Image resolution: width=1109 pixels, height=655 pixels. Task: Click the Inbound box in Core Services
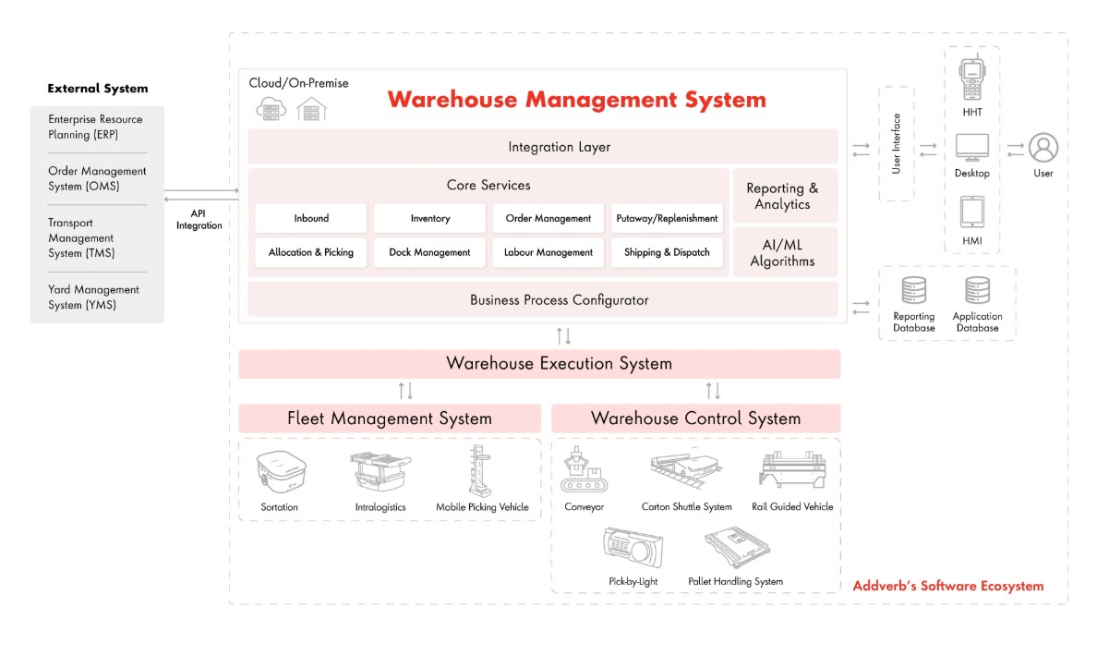pyautogui.click(x=311, y=218)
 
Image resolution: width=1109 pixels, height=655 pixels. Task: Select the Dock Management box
pyautogui.click(x=429, y=252)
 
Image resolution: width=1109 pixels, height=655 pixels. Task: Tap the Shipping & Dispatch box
pyautogui.click(x=667, y=252)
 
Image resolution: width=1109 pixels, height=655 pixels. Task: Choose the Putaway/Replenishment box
pyautogui.click(x=667, y=218)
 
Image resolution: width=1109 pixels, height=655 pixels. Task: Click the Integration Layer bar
pyautogui.click(x=543, y=147)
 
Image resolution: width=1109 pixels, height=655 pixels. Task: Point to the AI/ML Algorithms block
pyautogui.click(x=785, y=252)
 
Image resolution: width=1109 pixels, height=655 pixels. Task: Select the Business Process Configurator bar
pyautogui.click(x=543, y=299)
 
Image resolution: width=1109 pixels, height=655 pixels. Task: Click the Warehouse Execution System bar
pyautogui.click(x=539, y=364)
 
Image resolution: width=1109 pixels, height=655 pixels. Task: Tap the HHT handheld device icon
pyautogui.click(x=971, y=78)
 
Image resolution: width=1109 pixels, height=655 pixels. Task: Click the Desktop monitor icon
pyautogui.click(x=971, y=148)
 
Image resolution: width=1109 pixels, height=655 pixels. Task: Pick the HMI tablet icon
pyautogui.click(x=971, y=212)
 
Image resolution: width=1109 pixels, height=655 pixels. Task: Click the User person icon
pyautogui.click(x=1043, y=147)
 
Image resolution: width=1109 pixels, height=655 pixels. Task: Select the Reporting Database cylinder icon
pyautogui.click(x=913, y=290)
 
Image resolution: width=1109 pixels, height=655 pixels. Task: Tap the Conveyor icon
pyautogui.click(x=585, y=469)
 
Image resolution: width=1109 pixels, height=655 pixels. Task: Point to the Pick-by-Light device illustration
pyautogui.click(x=633, y=548)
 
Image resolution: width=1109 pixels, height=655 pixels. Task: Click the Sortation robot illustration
pyautogui.click(x=282, y=471)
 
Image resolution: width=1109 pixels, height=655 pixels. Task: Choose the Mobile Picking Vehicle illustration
pyautogui.click(x=479, y=471)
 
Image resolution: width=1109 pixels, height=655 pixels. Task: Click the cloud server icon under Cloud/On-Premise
pyautogui.click(x=271, y=109)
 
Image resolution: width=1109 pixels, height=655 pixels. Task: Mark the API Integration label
pyautogui.click(x=199, y=220)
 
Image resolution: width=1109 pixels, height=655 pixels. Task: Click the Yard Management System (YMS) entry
pyautogui.click(x=93, y=297)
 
